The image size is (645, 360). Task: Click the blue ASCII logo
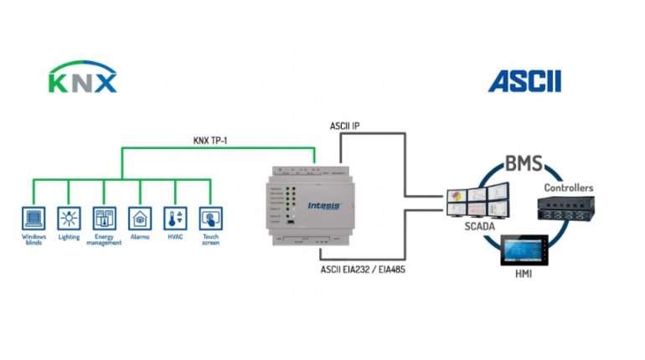tap(524, 81)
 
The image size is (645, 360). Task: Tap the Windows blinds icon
tap(34, 219)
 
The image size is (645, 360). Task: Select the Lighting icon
tap(69, 219)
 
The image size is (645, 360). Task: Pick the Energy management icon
tap(104, 219)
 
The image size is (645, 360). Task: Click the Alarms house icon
tap(139, 219)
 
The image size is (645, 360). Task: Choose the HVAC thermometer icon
tap(174, 219)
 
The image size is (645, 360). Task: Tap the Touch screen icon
tap(209, 219)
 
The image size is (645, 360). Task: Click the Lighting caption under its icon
tap(69, 237)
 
